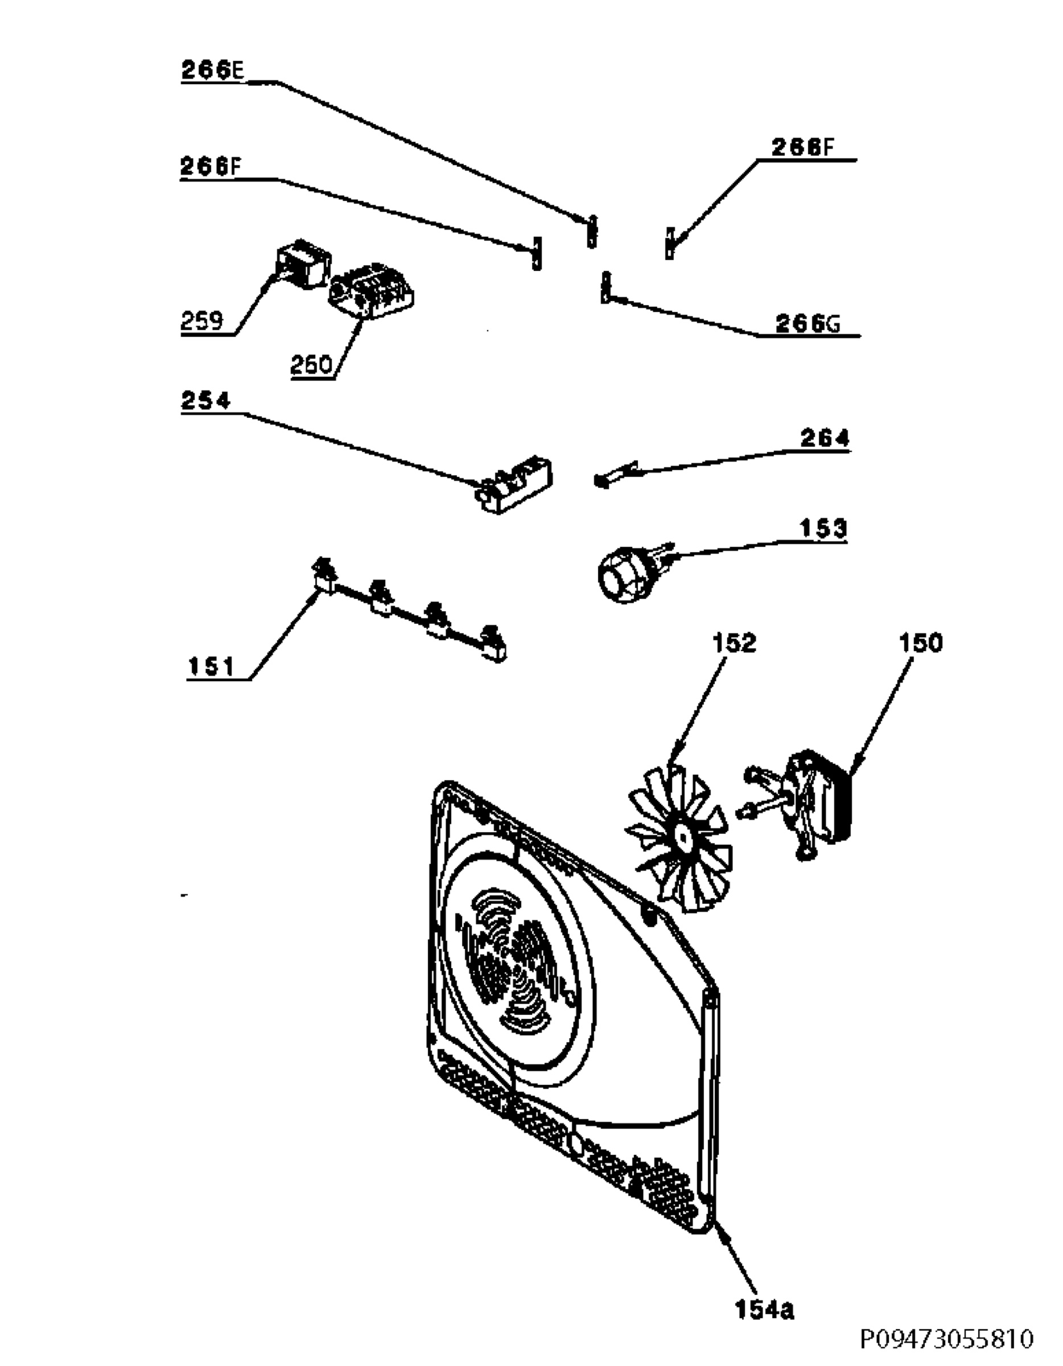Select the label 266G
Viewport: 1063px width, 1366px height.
coord(808,323)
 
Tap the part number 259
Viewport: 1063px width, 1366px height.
coord(202,321)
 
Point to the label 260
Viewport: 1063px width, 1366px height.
coord(311,364)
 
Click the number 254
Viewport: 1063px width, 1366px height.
coord(206,400)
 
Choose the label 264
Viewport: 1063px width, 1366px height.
coord(825,438)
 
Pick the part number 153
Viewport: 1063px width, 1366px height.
coord(823,529)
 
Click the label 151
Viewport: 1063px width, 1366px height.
coord(211,668)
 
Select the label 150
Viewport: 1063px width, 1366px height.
coord(920,643)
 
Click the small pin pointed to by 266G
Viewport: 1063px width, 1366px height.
coord(605,287)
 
